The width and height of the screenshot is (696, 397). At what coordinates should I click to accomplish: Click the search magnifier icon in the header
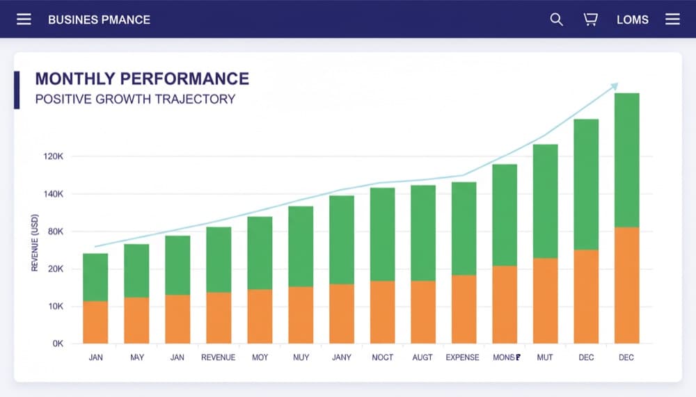tap(556, 19)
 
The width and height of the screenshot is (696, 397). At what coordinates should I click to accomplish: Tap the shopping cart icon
tap(590, 19)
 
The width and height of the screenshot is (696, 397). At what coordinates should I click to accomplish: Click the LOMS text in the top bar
tap(632, 19)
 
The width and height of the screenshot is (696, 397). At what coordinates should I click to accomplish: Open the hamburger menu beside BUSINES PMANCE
tap(24, 19)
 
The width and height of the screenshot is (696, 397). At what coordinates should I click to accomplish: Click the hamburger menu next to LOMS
tap(672, 19)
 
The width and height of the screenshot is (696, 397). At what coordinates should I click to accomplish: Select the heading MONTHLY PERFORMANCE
tap(142, 79)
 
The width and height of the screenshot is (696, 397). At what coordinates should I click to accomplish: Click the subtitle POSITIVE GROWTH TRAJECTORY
tap(135, 99)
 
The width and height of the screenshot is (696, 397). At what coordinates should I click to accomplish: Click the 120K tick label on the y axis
tap(53, 156)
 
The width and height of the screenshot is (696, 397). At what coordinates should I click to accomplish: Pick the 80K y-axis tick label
tap(55, 232)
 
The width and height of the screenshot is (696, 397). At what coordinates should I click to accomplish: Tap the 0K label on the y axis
tap(57, 343)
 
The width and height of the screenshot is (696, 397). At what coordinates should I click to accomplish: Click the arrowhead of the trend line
tap(614, 86)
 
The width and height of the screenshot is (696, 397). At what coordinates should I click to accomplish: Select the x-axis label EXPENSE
tap(462, 357)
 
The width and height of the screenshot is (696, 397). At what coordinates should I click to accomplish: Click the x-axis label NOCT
tap(382, 357)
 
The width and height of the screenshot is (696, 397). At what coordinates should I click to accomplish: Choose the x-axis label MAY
tap(137, 357)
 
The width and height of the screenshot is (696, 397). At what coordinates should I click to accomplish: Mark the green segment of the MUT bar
tap(546, 201)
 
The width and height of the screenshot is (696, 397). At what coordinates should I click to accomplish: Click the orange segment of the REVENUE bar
tap(219, 318)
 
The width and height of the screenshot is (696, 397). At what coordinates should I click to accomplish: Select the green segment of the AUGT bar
tap(423, 233)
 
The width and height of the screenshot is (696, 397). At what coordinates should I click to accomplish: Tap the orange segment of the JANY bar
tap(342, 314)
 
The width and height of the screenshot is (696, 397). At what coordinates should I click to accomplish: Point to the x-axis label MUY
tap(301, 357)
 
